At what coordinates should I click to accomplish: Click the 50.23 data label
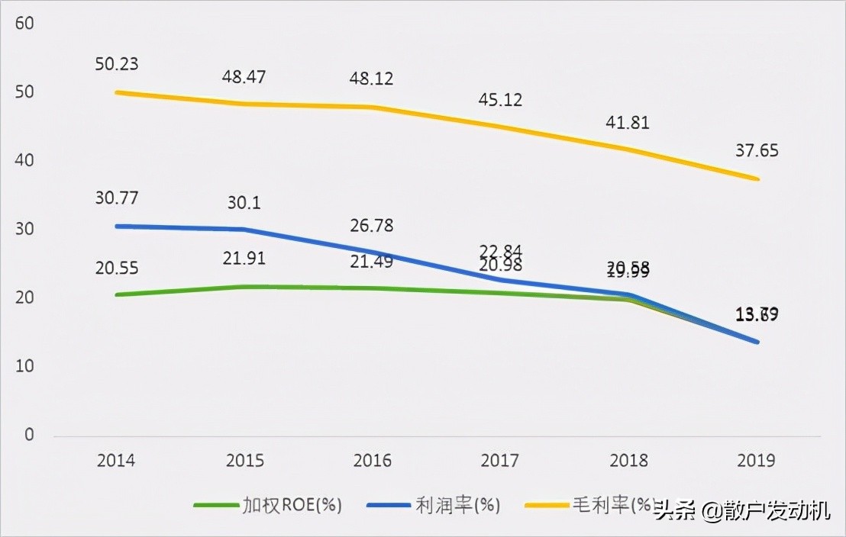[117, 63]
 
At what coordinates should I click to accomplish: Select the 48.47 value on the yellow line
[245, 77]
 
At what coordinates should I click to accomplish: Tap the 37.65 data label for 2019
[757, 150]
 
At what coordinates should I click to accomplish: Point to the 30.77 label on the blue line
[117, 198]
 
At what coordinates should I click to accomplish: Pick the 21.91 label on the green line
[244, 259]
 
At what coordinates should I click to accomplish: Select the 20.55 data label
[117, 268]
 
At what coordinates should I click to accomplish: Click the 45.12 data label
[501, 100]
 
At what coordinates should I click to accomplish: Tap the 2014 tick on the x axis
[116, 460]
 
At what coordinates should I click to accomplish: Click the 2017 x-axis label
[500, 460]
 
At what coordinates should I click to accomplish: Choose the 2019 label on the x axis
[756, 460]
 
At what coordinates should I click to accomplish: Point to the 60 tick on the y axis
[24, 24]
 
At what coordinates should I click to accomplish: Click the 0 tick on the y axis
[29, 435]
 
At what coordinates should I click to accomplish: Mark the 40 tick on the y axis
[24, 161]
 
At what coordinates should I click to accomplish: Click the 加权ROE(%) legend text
[292, 505]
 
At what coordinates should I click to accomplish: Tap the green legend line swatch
[215, 505]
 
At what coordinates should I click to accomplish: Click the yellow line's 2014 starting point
[116, 92]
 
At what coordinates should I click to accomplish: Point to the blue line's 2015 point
[244, 229]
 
